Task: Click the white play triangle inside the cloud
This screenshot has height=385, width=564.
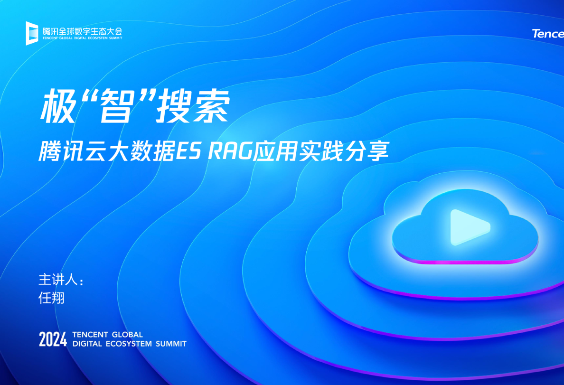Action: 468,227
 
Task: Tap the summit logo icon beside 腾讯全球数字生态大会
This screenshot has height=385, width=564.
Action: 32,33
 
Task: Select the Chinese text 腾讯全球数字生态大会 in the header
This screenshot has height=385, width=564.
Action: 82,31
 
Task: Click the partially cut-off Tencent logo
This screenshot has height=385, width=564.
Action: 548,34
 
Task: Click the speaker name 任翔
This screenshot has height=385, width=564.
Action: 51,298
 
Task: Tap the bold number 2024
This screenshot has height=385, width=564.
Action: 53,339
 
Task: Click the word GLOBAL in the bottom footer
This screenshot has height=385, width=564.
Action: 127,335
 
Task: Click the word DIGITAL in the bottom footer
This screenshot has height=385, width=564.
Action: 87,344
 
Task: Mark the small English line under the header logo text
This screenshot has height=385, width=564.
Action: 82,39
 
